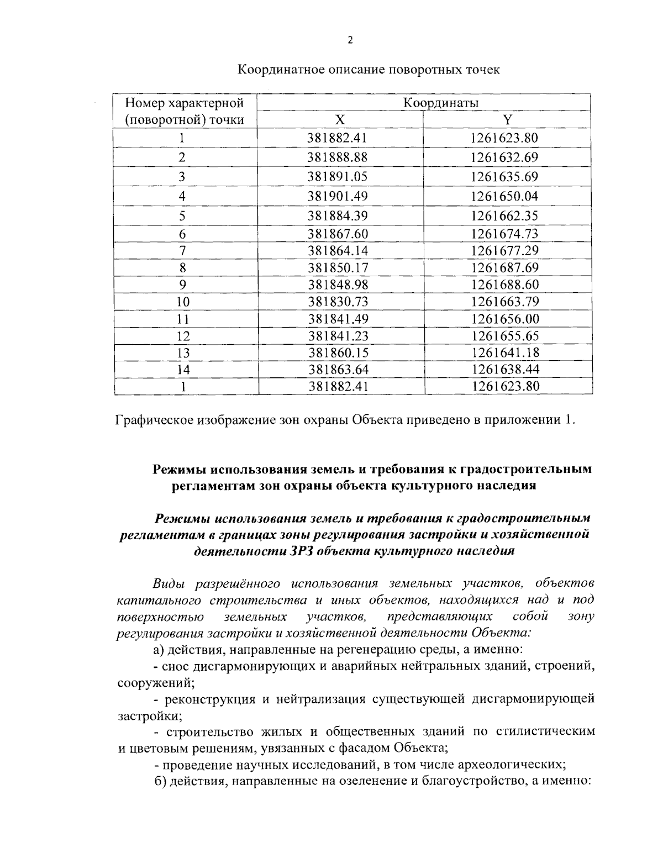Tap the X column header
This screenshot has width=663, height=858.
[340, 120]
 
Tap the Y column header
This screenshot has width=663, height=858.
[508, 120]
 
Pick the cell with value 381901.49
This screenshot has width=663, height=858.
[338, 196]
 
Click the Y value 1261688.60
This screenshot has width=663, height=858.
[504, 285]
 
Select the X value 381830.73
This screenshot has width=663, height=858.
[338, 302]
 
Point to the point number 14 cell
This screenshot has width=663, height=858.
[182, 370]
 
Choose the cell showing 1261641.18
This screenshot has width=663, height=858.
[504, 352]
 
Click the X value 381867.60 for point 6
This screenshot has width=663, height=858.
[338, 234]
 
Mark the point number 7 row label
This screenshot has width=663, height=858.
[182, 251]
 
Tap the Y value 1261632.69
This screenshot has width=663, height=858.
[504, 157]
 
